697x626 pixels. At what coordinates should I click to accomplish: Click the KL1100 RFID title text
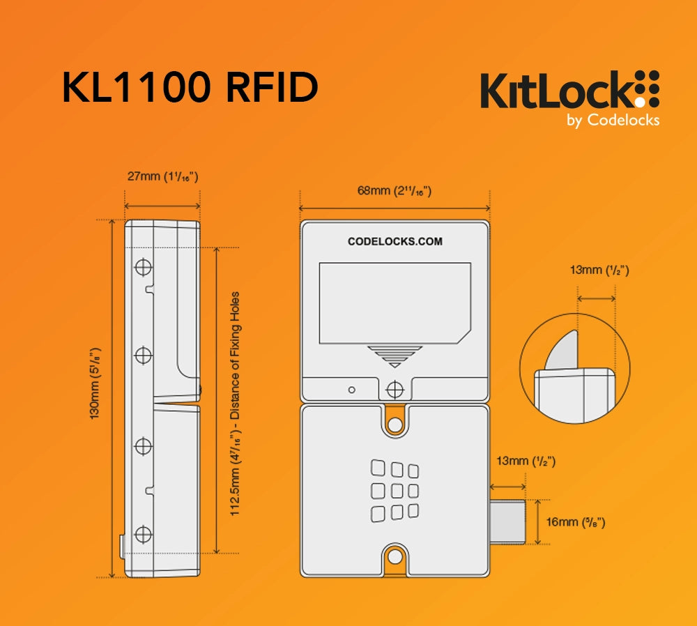[x=190, y=89]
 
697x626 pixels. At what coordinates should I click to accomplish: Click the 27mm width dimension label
[x=162, y=176]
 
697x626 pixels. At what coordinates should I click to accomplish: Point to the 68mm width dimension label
[x=395, y=190]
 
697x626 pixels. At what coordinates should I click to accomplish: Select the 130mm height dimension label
[x=95, y=383]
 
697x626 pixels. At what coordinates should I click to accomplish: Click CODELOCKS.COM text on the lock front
[x=395, y=242]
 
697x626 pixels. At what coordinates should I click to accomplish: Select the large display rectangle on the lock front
[x=395, y=303]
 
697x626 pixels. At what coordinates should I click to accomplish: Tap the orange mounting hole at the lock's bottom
[x=395, y=556]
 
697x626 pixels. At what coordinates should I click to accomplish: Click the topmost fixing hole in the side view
[x=144, y=267]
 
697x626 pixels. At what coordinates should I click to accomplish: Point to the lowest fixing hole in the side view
[x=143, y=535]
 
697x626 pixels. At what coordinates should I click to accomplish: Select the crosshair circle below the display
[x=395, y=388]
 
